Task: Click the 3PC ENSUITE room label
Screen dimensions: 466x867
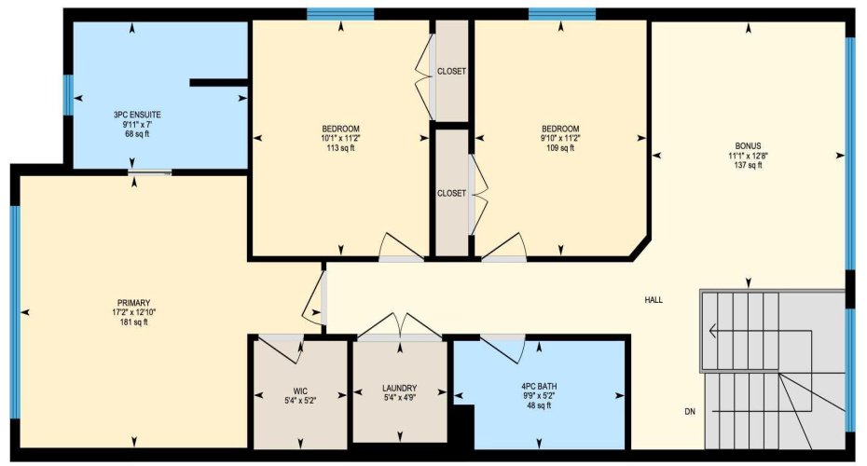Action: tap(131, 114)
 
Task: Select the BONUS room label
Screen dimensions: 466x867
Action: tap(748, 145)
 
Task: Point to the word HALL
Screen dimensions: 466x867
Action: tap(654, 300)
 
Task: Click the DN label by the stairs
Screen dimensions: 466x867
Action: tap(689, 411)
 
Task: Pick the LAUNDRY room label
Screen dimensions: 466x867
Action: tap(399, 388)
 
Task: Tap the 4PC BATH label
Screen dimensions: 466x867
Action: tap(540, 386)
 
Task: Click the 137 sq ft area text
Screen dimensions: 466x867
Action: tap(748, 166)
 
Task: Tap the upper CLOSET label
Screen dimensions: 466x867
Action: tap(451, 72)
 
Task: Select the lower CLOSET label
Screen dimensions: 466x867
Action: tap(451, 193)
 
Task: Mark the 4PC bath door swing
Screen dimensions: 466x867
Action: tap(508, 347)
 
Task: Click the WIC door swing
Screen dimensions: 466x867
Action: tap(283, 348)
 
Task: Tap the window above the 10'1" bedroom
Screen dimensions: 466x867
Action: tap(340, 14)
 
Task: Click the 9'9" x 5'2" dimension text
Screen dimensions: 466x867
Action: tap(540, 396)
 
